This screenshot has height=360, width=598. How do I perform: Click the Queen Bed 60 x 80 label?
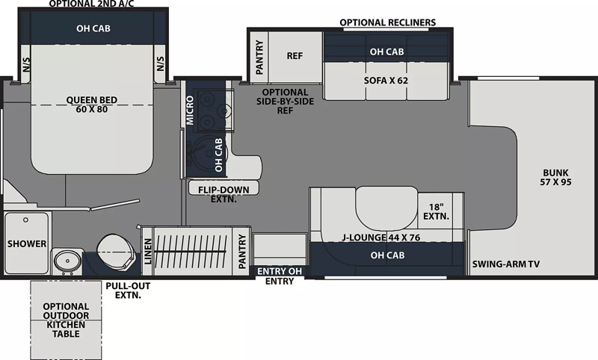[x=92, y=105]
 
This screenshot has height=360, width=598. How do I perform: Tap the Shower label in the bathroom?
[x=27, y=243]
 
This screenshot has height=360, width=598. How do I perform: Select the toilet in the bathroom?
[x=116, y=252]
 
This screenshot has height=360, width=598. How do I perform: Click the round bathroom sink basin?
[x=67, y=261]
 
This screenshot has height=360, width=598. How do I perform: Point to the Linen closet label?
[x=148, y=252]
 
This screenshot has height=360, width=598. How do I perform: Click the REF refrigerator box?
[x=295, y=57]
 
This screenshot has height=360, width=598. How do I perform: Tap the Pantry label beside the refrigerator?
[x=259, y=58]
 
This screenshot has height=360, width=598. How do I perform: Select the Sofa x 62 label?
[x=386, y=81]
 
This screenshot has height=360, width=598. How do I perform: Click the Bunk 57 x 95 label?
[x=555, y=177]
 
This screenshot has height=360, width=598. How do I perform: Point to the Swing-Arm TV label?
[x=506, y=264]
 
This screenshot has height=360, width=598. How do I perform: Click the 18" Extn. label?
[x=436, y=211]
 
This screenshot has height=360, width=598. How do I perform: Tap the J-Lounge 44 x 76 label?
[x=380, y=238]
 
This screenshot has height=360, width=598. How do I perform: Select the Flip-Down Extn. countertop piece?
[x=224, y=187]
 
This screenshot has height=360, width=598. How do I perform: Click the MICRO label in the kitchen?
[x=190, y=110]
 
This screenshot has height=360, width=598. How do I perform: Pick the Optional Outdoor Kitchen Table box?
[x=66, y=320]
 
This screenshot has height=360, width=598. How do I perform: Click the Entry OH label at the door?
[x=280, y=271]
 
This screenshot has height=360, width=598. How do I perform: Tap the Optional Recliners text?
[x=387, y=22]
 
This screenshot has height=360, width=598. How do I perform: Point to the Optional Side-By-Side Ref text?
[x=286, y=102]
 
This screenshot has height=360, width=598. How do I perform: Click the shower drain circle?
[x=25, y=220]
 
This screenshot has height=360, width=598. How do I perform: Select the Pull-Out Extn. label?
[x=128, y=291]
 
